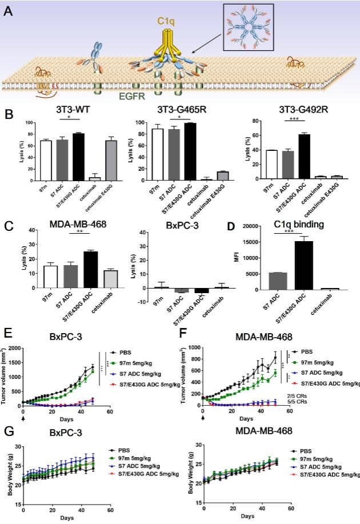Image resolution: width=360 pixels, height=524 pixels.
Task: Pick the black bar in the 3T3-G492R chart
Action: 305,156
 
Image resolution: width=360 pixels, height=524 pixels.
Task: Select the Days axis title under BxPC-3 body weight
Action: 66,516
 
